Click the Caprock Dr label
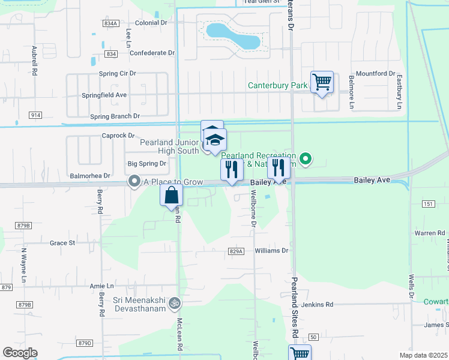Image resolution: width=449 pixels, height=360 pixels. [x=118, y=136]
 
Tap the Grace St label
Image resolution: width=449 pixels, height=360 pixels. [x=62, y=243]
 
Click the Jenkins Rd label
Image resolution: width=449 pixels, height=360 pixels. [x=318, y=305]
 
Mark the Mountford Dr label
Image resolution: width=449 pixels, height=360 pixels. [x=375, y=74]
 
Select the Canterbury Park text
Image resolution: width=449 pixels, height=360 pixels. [x=277, y=86]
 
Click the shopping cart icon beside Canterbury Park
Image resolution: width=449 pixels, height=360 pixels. [x=322, y=82]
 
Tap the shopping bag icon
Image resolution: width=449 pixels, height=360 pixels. [x=171, y=194]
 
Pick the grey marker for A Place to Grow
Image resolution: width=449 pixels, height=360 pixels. [x=134, y=181]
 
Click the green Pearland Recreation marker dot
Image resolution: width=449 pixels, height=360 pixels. [x=306, y=159]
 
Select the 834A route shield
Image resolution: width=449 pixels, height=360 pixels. [x=110, y=23]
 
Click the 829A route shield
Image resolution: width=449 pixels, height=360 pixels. [x=237, y=251]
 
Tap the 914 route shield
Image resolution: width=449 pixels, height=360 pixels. [x=35, y=115]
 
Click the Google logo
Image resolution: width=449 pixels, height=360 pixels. [x=20, y=353]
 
